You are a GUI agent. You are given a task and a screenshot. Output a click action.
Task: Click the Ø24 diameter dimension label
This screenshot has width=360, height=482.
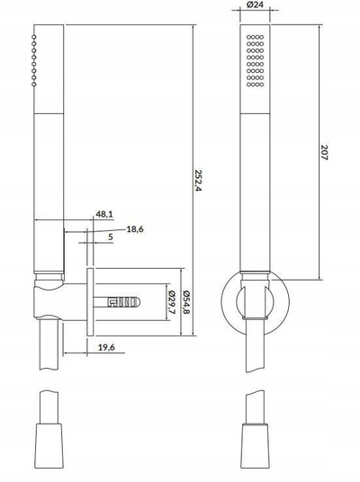255,4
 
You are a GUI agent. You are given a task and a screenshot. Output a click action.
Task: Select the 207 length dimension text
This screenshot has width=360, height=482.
324,153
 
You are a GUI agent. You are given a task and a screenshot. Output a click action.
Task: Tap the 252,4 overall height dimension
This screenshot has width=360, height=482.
197,181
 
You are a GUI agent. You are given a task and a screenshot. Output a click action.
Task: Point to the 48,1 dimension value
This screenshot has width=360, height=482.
104,214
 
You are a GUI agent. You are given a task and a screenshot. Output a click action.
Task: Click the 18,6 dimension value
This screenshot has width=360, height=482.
135,229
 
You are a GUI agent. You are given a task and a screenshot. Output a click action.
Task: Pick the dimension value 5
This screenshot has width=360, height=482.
111,237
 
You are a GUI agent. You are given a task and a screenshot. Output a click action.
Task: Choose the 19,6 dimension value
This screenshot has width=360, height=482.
106,347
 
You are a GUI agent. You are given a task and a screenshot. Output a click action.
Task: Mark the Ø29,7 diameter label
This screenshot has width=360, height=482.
171,302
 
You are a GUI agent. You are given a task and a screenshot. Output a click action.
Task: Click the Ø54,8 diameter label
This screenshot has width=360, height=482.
185,302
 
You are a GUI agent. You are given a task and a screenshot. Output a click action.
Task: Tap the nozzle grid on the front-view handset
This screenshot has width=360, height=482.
255,60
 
